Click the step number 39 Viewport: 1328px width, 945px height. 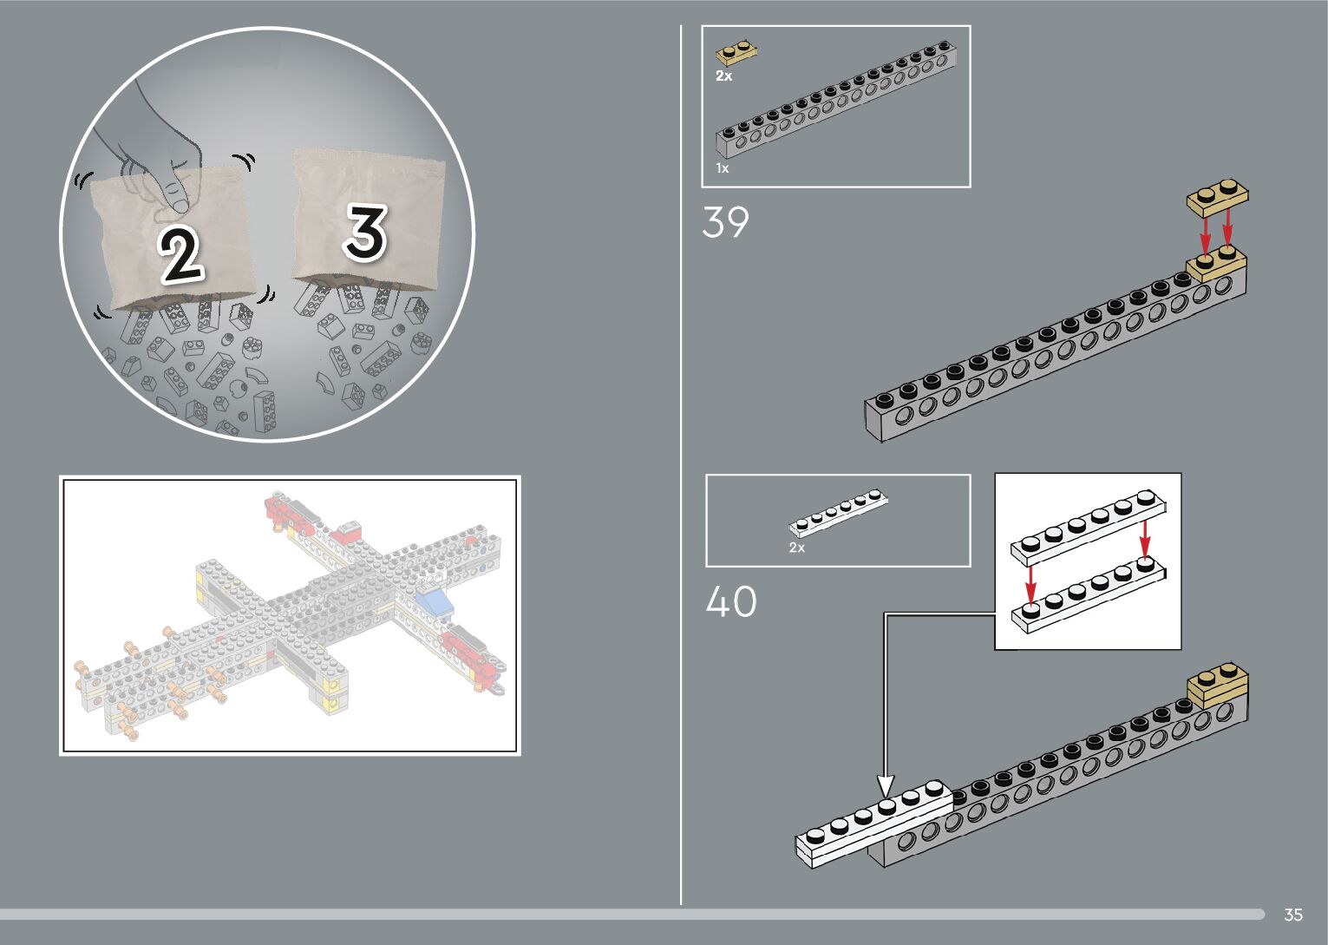pyautogui.click(x=725, y=223)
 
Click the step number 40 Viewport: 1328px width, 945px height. pyautogui.click(x=730, y=601)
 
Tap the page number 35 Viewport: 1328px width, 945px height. pyautogui.click(x=1292, y=915)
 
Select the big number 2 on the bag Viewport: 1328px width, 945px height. pyautogui.click(x=180, y=254)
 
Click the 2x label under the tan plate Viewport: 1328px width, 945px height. pyautogui.click(x=723, y=76)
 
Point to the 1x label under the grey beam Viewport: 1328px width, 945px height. pyautogui.click(x=722, y=168)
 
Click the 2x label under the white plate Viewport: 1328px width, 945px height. pyautogui.click(x=796, y=548)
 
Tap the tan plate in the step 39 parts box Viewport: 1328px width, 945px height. pyautogui.click(x=736, y=53)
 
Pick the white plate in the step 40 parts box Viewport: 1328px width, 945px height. pyautogui.click(x=839, y=513)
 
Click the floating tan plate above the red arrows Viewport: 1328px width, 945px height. pyautogui.click(x=1217, y=197)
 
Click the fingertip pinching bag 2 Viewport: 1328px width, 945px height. pyautogui.click(x=176, y=193)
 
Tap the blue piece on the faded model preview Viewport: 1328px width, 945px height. pyautogui.click(x=434, y=600)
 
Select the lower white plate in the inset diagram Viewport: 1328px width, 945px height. pyautogui.click(x=1088, y=597)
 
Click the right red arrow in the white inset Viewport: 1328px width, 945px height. pyautogui.click(x=1145, y=538)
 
